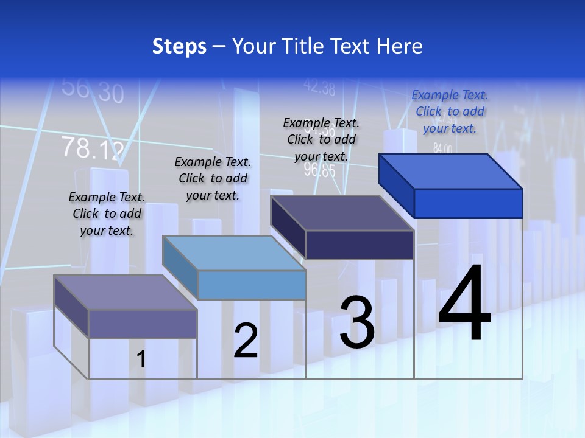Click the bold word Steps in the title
pos(179,46)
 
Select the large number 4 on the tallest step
pos(464,304)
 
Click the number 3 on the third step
pos(357,323)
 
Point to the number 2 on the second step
pos(246,341)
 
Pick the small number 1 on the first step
pos(141,360)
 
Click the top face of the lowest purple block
pos(126,293)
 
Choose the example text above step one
pos(107,214)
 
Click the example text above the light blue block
pos(213,178)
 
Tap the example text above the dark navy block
pos(321,139)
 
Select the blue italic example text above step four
pos(450,111)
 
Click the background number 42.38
pos(319,88)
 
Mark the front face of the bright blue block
pos(468,203)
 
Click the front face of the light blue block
pos(252,285)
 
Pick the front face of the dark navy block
pos(360,245)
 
